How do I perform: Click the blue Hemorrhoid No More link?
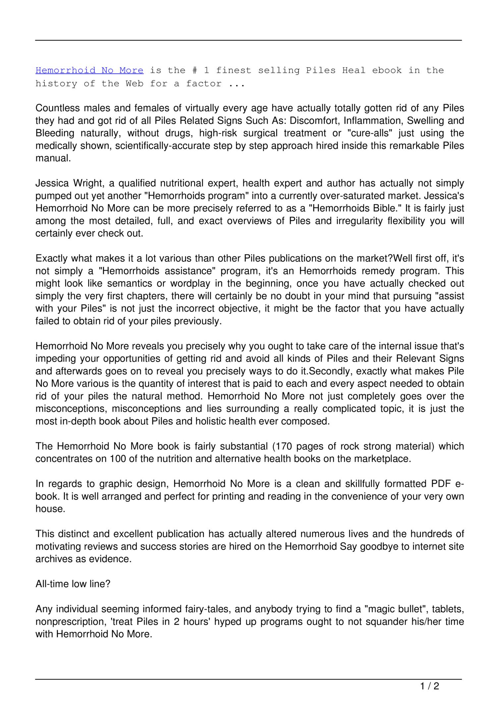click(x=89, y=71)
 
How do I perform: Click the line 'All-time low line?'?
click(x=73, y=584)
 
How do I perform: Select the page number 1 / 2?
click(x=429, y=686)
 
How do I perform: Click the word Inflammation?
click(x=372, y=121)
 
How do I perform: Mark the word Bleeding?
click(x=55, y=133)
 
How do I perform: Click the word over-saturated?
click(x=311, y=196)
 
